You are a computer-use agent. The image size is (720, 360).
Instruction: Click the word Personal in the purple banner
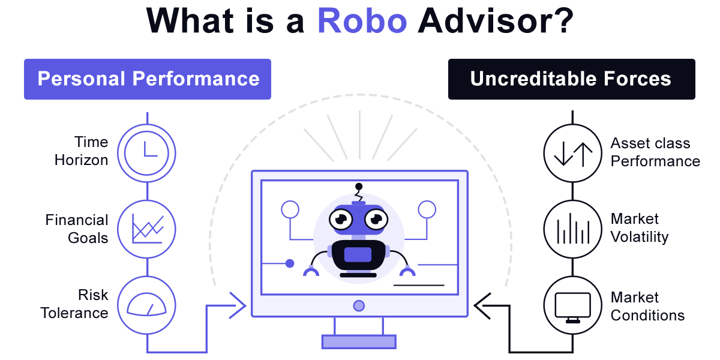coord(81,79)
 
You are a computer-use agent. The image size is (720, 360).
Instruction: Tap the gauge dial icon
coord(146,305)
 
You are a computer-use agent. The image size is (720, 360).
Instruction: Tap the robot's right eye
coord(377,220)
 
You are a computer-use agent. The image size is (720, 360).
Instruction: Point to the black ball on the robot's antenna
coord(359,186)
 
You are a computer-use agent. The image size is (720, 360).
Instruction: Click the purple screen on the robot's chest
coord(358,254)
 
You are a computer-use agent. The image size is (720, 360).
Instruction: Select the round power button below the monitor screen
coord(359,306)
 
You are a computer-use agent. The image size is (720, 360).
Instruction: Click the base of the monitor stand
coord(359,341)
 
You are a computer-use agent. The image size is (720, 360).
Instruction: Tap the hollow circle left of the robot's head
coord(290,209)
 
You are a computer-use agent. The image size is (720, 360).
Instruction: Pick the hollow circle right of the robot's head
coord(427,209)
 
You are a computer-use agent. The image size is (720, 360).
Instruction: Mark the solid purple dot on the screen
coord(290,263)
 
